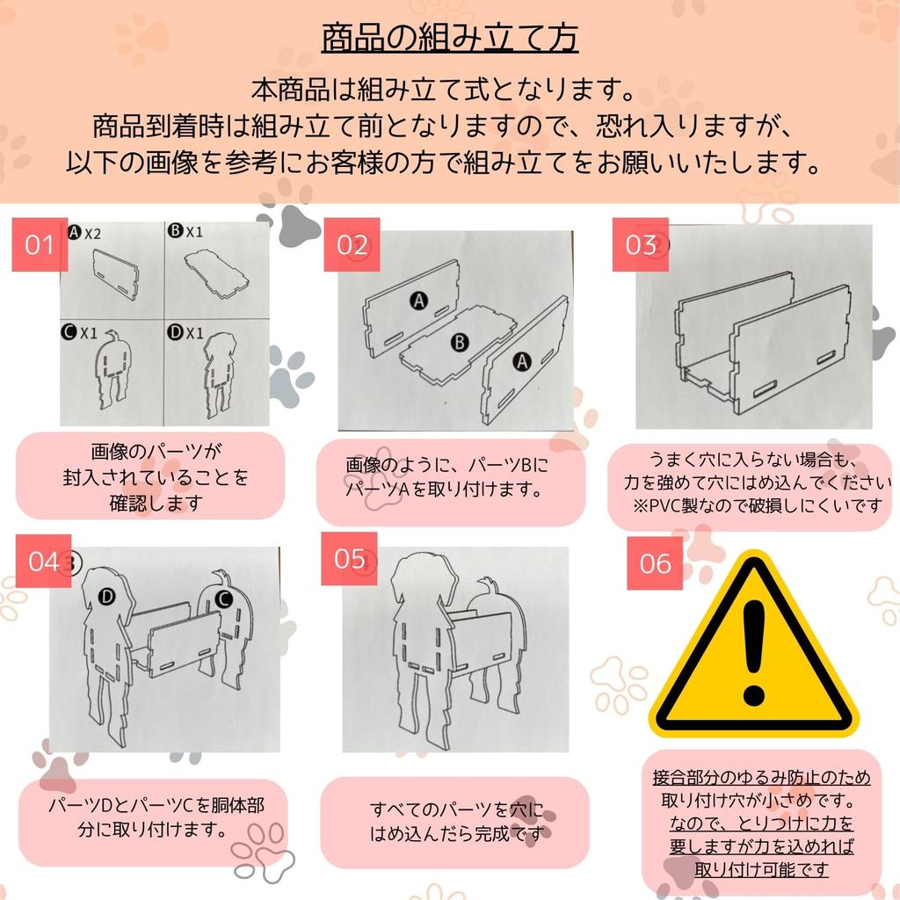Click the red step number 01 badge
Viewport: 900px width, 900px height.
pyautogui.click(x=40, y=244)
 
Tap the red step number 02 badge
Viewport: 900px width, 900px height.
pyautogui.click(x=352, y=244)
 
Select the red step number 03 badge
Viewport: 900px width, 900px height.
pyautogui.click(x=641, y=244)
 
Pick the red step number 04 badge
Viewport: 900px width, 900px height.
pyautogui.click(x=44, y=562)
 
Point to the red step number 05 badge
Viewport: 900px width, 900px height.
pyautogui.click(x=349, y=558)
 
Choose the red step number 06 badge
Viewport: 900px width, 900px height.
pyautogui.click(x=655, y=563)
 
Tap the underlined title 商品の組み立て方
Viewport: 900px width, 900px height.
pyautogui.click(x=449, y=38)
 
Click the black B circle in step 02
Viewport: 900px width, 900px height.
pyautogui.click(x=459, y=343)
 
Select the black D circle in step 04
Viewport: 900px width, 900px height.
pyautogui.click(x=106, y=597)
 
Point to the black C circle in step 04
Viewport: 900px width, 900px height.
pyautogui.click(x=223, y=599)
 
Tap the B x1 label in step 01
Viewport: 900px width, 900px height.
pyautogui.click(x=185, y=231)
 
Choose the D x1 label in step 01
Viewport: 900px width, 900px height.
pyautogui.click(x=185, y=332)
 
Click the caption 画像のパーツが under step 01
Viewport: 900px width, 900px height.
pyautogui.click(x=156, y=451)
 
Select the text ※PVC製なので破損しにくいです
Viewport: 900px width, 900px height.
pyautogui.click(x=757, y=505)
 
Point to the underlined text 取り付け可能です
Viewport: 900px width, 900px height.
pyautogui.click(x=761, y=869)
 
